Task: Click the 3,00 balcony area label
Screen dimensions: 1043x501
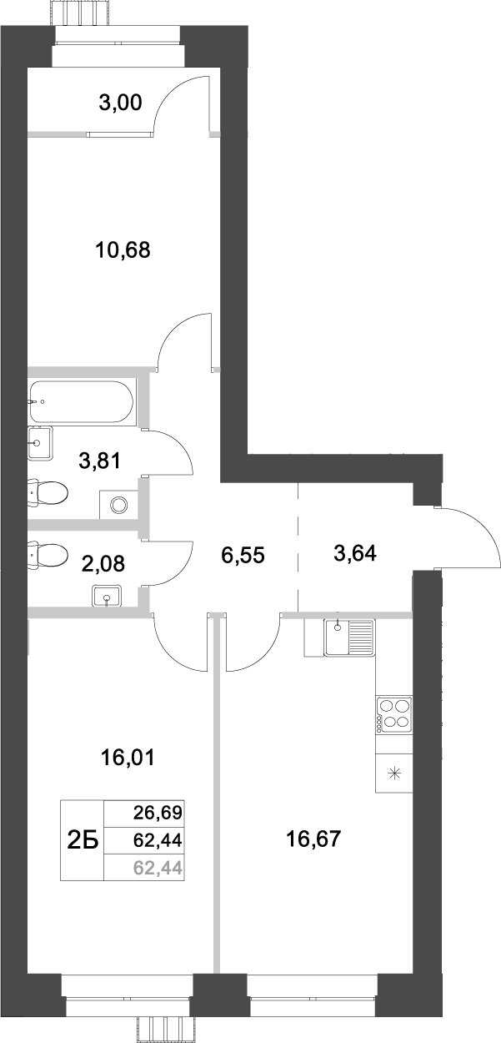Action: (x=121, y=103)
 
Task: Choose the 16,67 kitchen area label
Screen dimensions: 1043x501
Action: (x=314, y=837)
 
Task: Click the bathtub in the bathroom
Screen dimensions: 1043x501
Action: (x=80, y=402)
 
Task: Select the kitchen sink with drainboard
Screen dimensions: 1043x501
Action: (x=348, y=638)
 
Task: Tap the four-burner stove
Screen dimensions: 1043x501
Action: (x=393, y=715)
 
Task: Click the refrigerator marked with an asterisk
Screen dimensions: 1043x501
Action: (x=394, y=772)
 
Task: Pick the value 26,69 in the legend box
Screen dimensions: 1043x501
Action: (x=158, y=812)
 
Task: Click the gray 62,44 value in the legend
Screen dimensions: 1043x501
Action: (x=158, y=869)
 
